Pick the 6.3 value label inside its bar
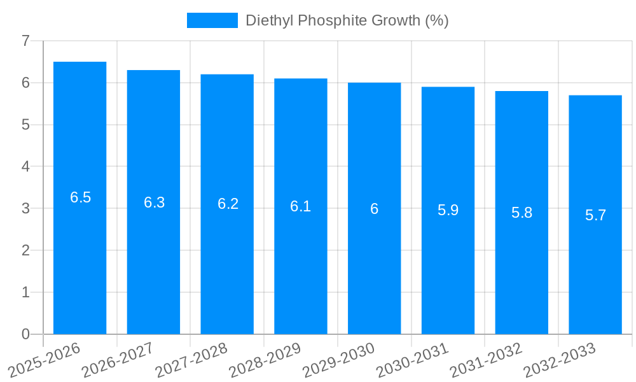[154, 202]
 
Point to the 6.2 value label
[228, 204]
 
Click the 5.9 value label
[448, 210]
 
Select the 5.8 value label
[522, 213]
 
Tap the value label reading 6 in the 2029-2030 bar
[374, 209]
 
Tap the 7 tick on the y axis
[25, 41]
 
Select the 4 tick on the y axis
[25, 167]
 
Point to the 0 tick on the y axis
[25, 334]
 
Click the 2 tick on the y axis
[25, 251]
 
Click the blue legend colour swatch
[212, 20]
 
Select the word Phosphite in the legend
[329, 20]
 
